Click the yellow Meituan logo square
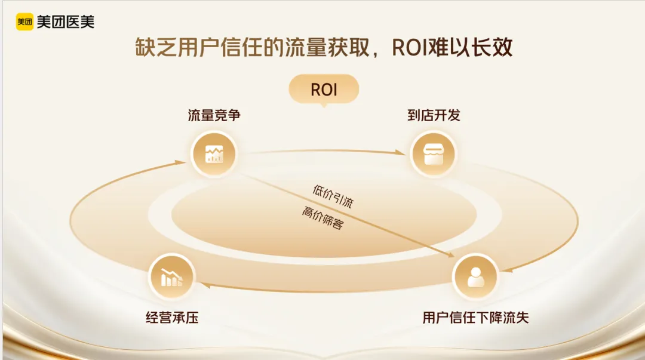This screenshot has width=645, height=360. click(24, 22)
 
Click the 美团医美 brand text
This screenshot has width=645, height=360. click(65, 22)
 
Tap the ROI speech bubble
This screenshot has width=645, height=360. click(324, 90)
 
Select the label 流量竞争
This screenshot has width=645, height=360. click(214, 116)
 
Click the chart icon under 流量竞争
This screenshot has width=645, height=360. click(214, 154)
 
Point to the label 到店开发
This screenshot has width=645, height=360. click(434, 116)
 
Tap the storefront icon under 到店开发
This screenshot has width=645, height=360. click(434, 155)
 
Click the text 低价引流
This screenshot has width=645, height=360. click(333, 196)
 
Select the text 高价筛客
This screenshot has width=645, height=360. click(322, 219)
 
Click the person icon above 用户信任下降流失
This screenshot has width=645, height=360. click(475, 276)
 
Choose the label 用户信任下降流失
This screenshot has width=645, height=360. click(475, 318)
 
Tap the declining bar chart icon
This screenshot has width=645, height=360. click(171, 276)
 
